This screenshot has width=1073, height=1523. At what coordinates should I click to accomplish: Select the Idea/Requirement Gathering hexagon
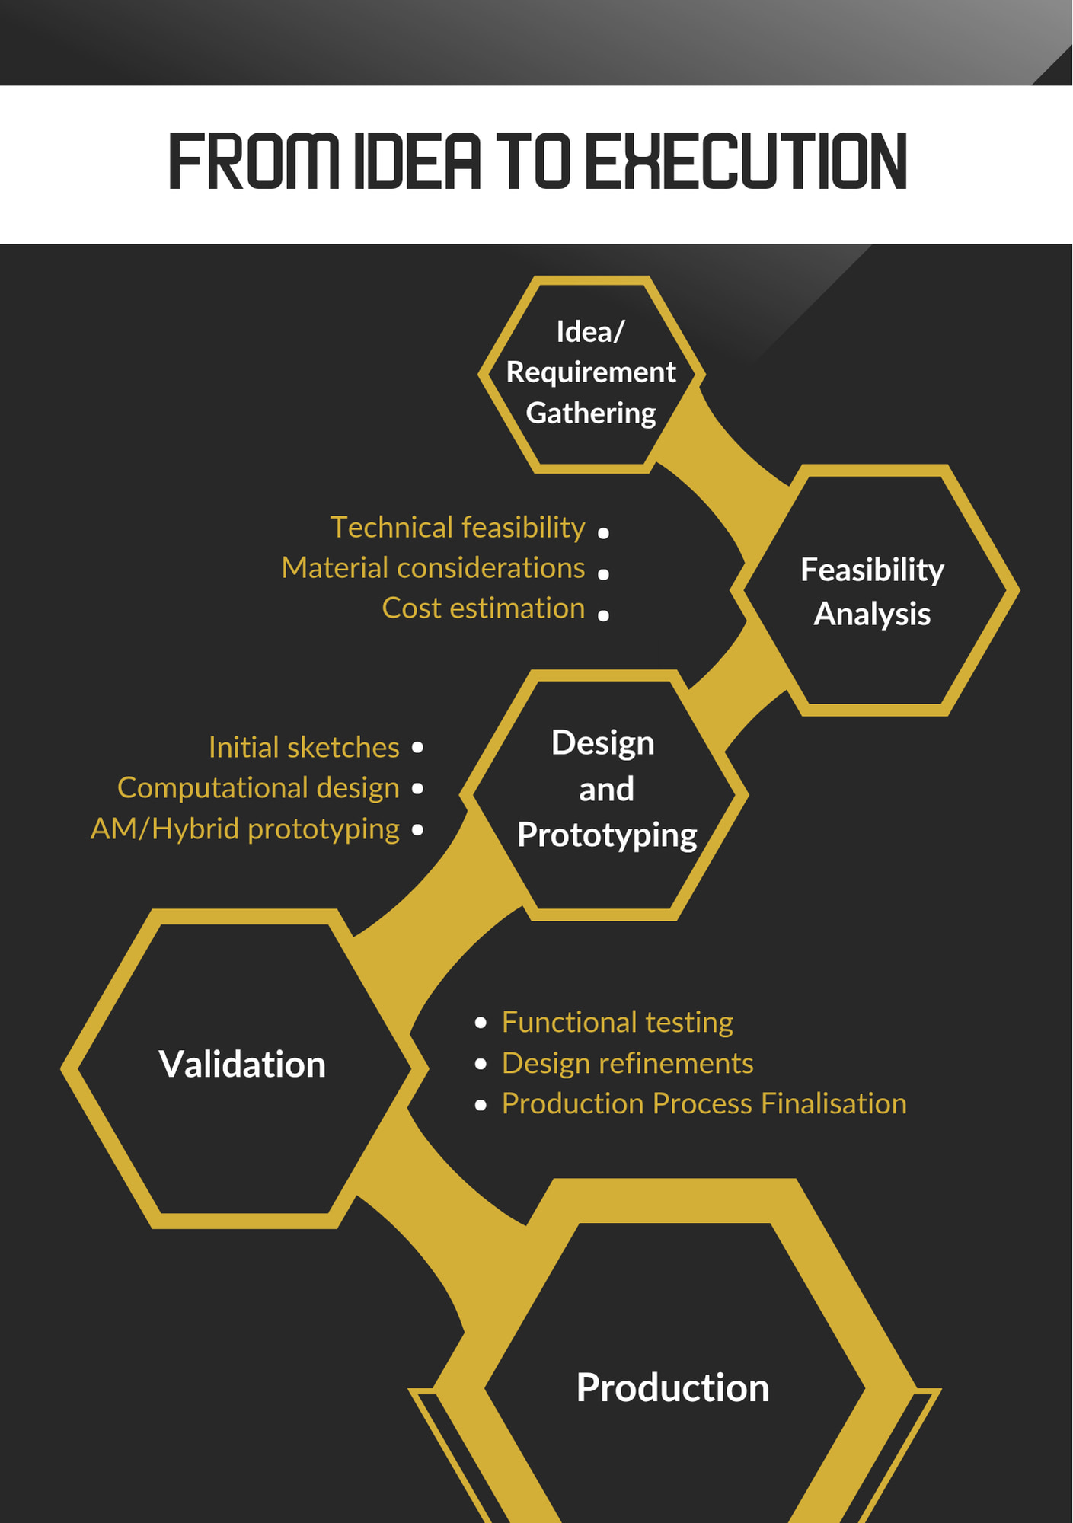[591, 374]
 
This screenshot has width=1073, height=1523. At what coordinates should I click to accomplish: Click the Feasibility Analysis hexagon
[874, 590]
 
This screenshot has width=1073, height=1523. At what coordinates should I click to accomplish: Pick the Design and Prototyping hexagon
[604, 794]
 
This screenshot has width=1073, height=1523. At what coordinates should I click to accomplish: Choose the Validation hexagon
[244, 1068]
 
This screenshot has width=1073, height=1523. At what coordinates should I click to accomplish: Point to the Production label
[672, 1387]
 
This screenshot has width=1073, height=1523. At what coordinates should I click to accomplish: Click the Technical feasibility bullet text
[458, 528]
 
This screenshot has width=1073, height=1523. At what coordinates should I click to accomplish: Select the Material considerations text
[433, 568]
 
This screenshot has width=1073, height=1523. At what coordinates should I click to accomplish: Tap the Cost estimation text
[484, 608]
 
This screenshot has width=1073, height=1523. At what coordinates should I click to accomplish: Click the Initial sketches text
[304, 748]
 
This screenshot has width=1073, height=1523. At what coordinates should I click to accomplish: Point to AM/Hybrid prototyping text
[245, 829]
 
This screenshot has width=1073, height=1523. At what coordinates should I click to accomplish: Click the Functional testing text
[618, 1023]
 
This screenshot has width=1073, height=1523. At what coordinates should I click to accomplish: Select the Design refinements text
[628, 1063]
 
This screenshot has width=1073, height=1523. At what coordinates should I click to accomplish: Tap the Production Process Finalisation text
[704, 1104]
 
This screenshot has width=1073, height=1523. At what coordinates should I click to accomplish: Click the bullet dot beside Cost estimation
[603, 615]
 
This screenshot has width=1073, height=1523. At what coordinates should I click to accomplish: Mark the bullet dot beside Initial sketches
[417, 748]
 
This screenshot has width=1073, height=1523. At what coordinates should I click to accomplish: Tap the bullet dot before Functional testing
[481, 1023]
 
